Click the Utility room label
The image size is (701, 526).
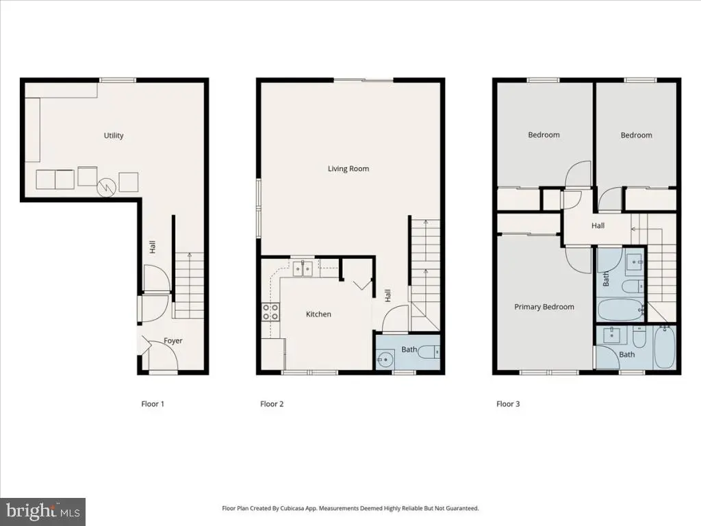coord(114,136)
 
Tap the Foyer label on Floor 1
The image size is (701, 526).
coord(173,341)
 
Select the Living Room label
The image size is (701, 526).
coord(348,168)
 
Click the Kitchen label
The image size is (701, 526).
coord(318,314)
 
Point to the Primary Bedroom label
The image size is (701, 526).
coord(544,307)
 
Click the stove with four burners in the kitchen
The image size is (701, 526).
coord(270,312)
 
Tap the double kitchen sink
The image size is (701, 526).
coord(302,269)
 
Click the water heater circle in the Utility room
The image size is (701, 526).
coord(106,186)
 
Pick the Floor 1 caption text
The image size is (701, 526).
coord(152,404)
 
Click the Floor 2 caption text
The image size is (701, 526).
coord(272,404)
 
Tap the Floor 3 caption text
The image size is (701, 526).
coord(508,404)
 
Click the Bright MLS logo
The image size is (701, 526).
coord(42,511)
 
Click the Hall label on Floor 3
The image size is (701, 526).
coord(598,225)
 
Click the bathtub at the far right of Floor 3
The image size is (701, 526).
coord(665,349)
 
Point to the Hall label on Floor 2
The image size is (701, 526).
coord(387,295)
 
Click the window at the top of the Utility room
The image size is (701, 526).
coord(113,81)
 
